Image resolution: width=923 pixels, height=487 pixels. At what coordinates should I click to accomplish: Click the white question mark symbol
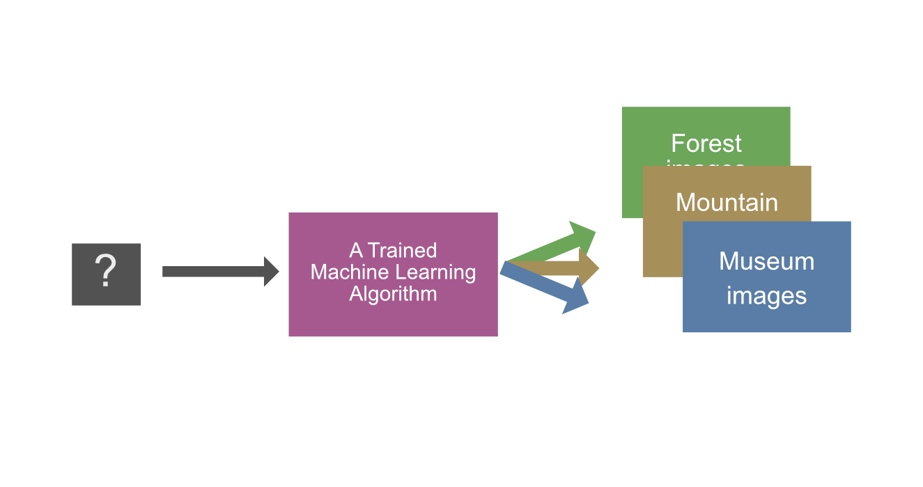pyautogui.click(x=105, y=271)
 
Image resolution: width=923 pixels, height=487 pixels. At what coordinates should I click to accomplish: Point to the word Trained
pyautogui.click(x=402, y=250)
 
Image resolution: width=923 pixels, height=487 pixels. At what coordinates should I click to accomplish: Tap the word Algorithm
pyautogui.click(x=393, y=293)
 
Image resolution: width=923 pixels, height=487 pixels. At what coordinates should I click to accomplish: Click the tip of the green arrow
pyautogui.click(x=594, y=231)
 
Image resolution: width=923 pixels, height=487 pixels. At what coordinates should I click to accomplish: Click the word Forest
pyautogui.click(x=706, y=144)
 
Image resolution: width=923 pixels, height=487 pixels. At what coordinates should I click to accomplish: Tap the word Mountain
pyautogui.click(x=727, y=203)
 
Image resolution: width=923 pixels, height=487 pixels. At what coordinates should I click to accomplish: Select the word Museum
pyautogui.click(x=766, y=261)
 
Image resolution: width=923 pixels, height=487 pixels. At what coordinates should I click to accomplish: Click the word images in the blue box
pyautogui.click(x=766, y=295)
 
